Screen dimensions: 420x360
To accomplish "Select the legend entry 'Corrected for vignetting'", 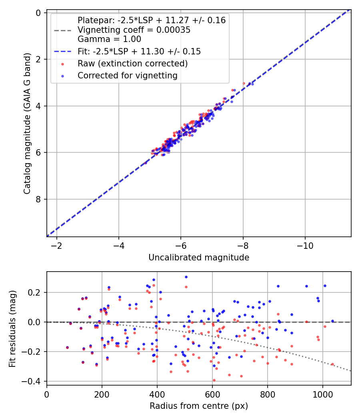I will (127, 75).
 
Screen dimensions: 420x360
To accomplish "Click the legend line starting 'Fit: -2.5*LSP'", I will (139, 52).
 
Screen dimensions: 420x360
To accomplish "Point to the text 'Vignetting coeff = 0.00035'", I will (134, 30).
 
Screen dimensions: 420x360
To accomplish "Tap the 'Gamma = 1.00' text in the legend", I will (109, 39).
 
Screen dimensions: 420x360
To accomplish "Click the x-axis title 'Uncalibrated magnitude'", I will (199, 258).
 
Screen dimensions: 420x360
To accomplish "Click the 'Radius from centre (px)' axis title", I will (199, 406).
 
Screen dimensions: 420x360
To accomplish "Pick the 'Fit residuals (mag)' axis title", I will (13, 328).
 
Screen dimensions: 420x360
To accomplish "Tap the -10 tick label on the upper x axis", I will (305, 244).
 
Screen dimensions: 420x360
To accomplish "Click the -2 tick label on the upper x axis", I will (57, 244).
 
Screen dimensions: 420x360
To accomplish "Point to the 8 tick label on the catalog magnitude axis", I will (38, 199).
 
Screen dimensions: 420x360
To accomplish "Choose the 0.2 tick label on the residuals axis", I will (35, 292).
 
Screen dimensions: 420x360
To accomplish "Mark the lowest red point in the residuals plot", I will (214, 380).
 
